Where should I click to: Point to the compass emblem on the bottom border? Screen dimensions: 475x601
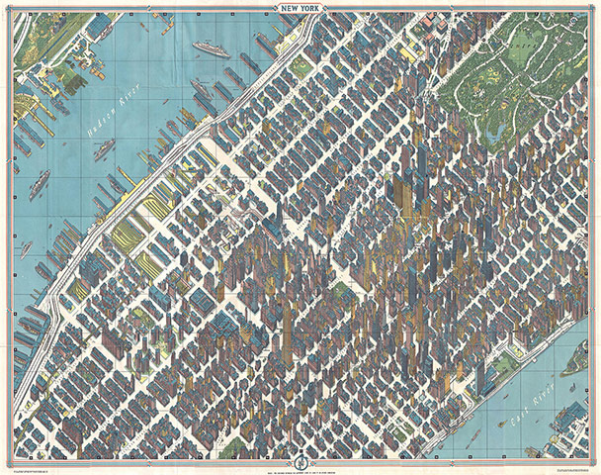coord(300,458)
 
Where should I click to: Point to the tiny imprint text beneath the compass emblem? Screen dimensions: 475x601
coord(300,470)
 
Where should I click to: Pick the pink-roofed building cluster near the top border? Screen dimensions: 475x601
coord(431,21)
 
